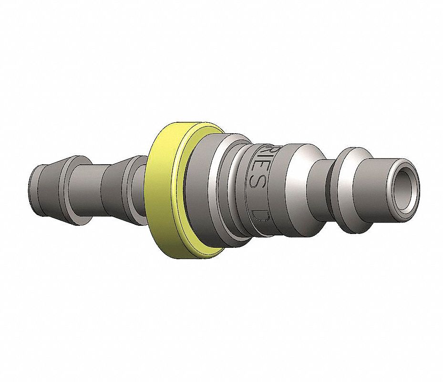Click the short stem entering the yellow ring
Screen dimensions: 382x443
[x=144, y=191]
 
